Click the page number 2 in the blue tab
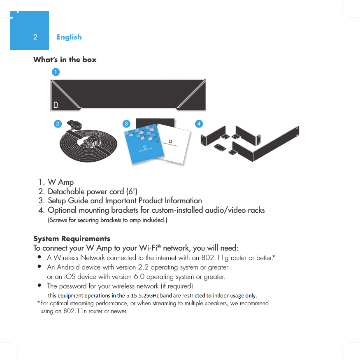click(x=35, y=37)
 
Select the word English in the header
click(x=69, y=37)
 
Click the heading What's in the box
click(x=65, y=60)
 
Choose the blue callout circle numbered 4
click(x=199, y=123)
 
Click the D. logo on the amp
click(x=56, y=105)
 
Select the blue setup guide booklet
click(x=144, y=144)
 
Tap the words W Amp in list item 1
click(x=61, y=182)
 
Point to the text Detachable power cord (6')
click(x=93, y=191)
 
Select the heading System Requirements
click(x=72, y=239)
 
